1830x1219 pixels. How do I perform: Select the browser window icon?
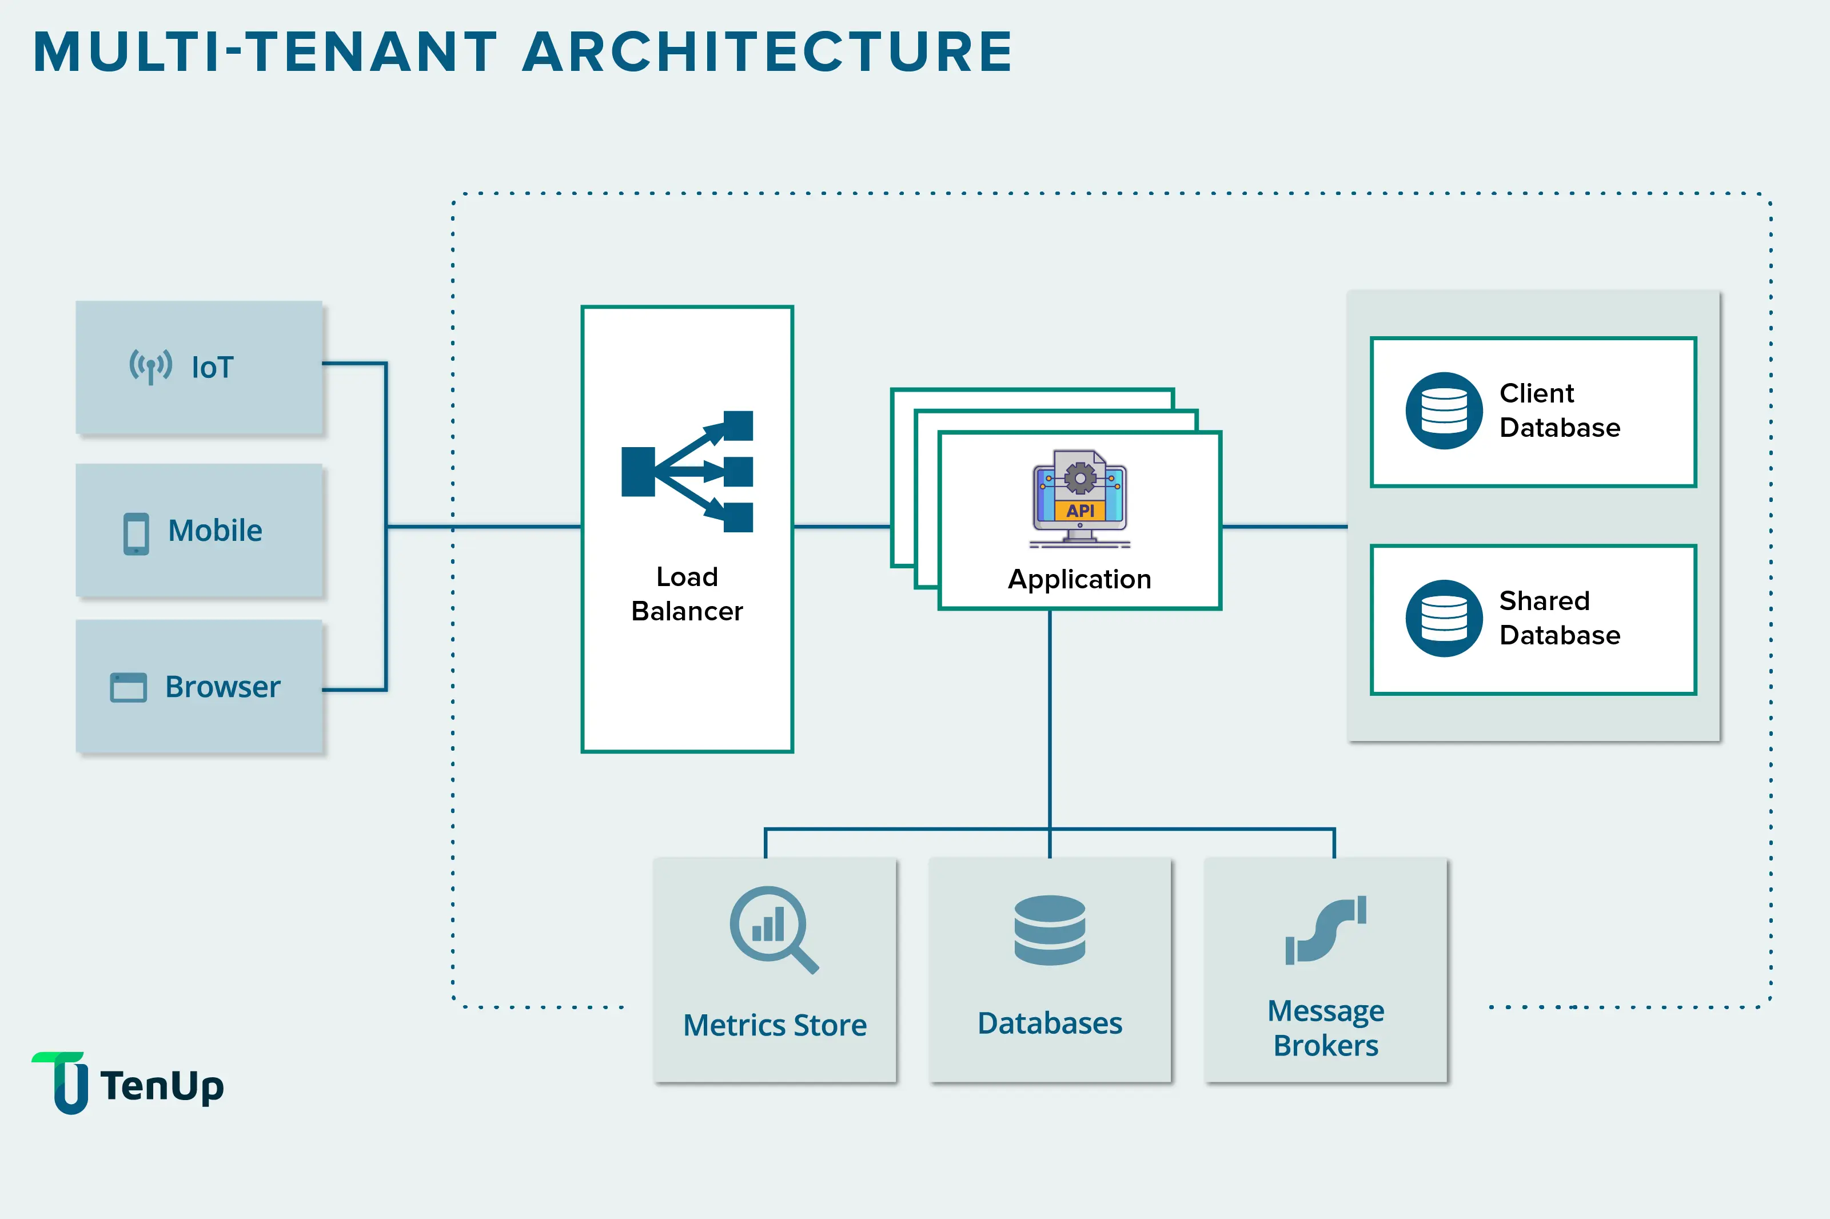pos(128,687)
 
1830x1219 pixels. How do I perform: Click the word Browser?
pos(222,687)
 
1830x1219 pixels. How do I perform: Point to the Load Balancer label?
pos(687,594)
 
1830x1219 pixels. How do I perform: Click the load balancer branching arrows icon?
pos(687,472)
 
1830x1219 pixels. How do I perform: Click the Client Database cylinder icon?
pos(1444,411)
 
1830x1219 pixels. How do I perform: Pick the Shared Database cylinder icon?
pos(1444,618)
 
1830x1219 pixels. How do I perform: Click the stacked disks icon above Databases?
pos(1050,931)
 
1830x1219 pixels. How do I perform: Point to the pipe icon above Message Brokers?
pos(1325,931)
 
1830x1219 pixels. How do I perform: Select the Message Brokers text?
pos(1325,1028)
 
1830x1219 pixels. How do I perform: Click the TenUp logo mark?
pos(62,1082)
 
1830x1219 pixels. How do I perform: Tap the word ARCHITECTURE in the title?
pos(767,52)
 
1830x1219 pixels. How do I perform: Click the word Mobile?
pos(216,531)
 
